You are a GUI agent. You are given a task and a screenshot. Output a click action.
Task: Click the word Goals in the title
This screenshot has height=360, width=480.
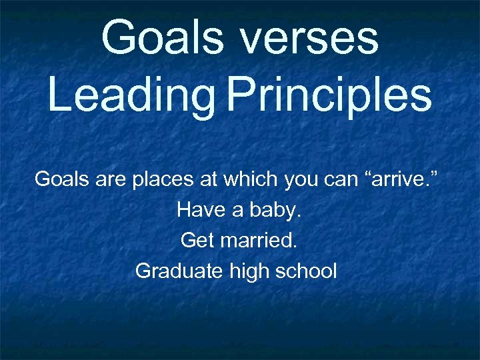163,38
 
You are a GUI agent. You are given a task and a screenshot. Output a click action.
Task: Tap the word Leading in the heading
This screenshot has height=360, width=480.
131,95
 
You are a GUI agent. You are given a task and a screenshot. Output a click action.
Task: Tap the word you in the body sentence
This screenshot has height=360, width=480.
301,179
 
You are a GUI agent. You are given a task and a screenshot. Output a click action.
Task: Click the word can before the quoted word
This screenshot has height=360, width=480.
341,179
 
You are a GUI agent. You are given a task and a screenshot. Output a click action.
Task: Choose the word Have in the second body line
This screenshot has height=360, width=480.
197,210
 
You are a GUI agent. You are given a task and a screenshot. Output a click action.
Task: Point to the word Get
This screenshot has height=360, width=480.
197,240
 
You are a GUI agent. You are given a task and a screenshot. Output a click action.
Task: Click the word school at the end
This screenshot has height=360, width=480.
304,271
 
